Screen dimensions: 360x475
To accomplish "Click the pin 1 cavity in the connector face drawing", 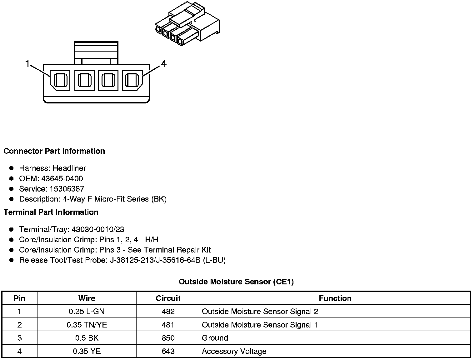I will point(61,80).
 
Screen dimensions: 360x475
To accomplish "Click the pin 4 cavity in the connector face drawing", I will point(132,80).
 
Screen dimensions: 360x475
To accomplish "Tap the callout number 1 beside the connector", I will point(27,64).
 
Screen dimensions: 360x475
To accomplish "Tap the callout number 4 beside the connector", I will point(164,64).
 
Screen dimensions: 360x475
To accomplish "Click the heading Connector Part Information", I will point(54,151).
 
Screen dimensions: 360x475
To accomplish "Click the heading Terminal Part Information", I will point(51,212).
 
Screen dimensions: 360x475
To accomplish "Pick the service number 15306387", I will point(67,189).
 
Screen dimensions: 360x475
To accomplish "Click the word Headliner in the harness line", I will point(69,168).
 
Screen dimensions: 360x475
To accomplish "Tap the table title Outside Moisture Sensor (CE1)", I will point(236,282).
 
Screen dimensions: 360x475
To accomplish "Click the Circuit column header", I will point(168,298).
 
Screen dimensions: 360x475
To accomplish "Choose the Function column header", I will point(335,298).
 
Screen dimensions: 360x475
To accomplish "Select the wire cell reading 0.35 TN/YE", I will point(87,325).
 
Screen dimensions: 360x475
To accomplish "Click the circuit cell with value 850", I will point(168,338).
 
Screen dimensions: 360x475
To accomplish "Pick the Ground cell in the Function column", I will point(215,338).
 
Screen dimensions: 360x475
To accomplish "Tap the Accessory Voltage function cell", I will point(234,352).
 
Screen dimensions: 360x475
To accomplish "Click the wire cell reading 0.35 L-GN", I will point(87,312).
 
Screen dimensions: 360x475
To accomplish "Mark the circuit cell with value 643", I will point(168,352).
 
